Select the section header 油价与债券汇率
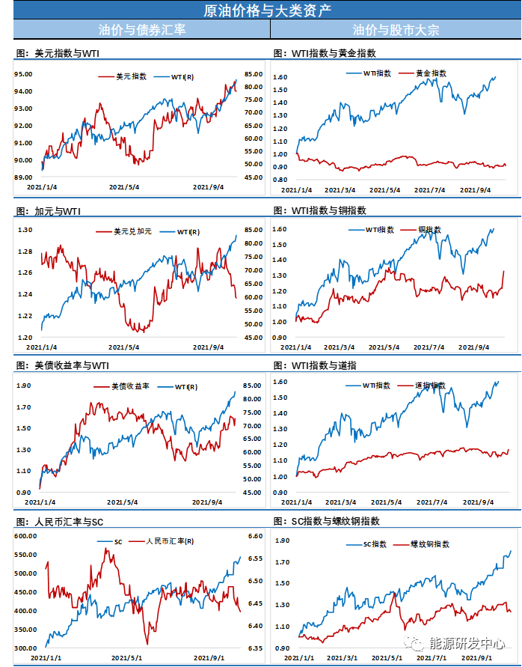click(x=142, y=30)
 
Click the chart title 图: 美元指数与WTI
click(x=57, y=54)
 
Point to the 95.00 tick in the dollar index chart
click(x=23, y=74)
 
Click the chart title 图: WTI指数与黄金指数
click(x=325, y=54)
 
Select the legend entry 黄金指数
click(x=431, y=73)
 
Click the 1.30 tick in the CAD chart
click(x=25, y=230)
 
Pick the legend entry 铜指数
click(x=429, y=229)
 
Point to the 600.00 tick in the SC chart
click(x=25, y=536)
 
